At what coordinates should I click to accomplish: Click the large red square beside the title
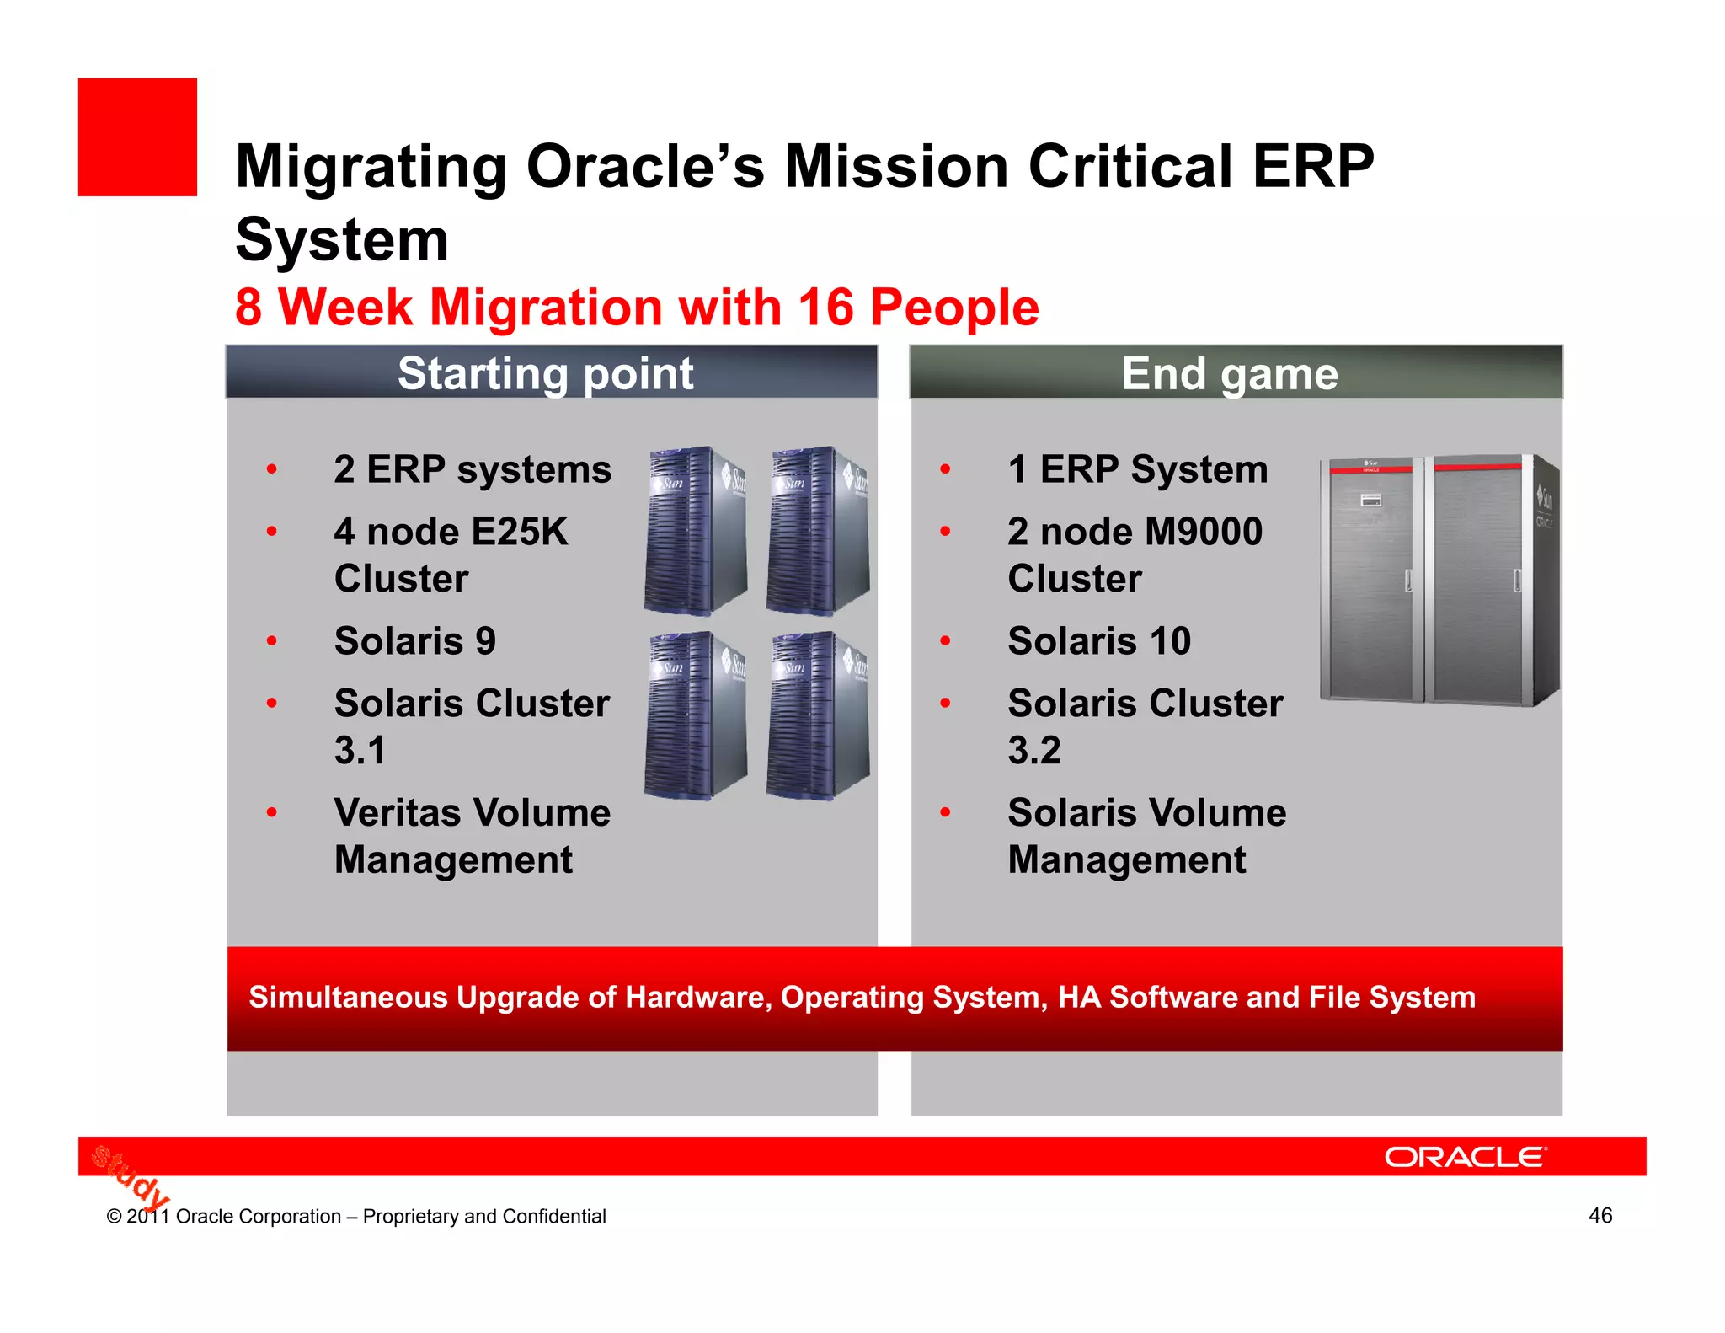(x=137, y=137)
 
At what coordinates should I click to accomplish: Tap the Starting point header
(x=546, y=373)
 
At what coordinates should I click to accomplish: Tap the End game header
(x=1229, y=373)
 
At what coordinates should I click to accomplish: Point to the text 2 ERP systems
(x=473, y=469)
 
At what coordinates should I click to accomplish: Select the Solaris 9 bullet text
(x=414, y=641)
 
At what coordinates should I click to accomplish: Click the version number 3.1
(x=360, y=750)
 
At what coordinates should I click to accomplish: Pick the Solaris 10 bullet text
(x=1099, y=641)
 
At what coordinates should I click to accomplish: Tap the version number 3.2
(x=1034, y=750)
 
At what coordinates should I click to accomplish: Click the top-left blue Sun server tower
(x=695, y=531)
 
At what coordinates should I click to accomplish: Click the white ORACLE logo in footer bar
(x=1465, y=1157)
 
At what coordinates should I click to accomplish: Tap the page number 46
(x=1599, y=1215)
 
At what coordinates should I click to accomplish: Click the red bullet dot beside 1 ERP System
(x=945, y=469)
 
